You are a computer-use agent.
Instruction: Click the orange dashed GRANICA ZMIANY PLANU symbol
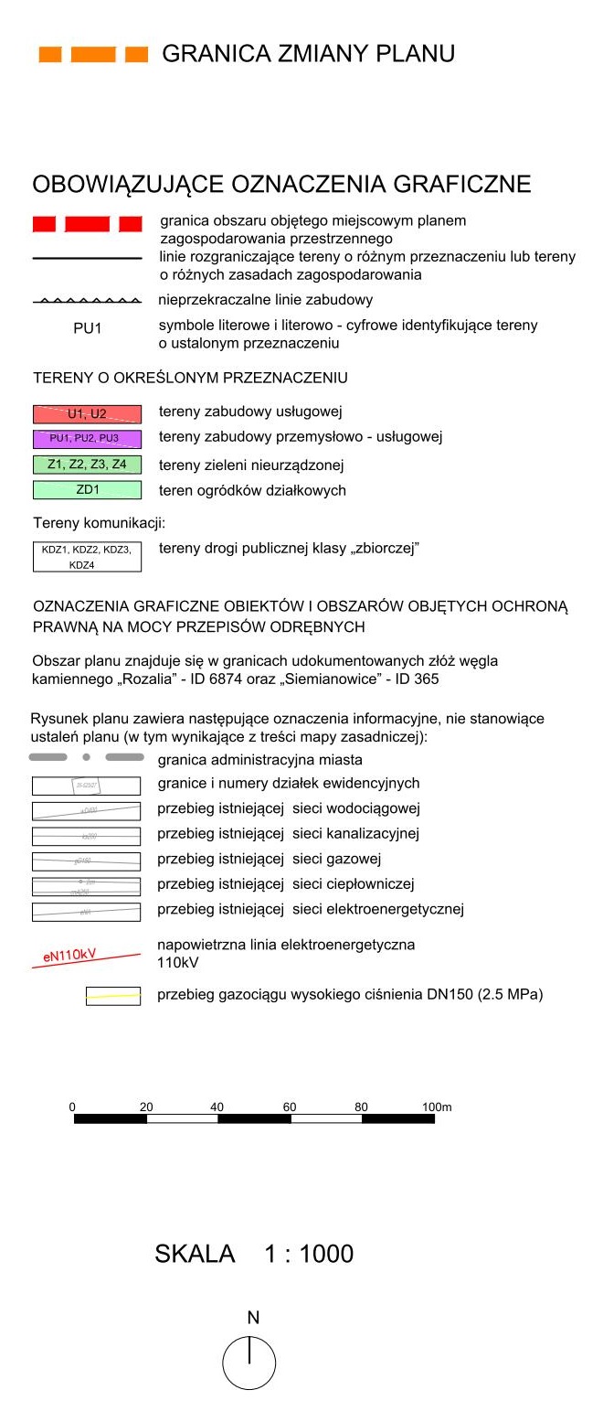point(92,55)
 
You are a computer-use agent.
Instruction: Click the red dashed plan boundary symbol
point(87,224)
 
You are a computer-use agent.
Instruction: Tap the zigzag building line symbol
point(87,300)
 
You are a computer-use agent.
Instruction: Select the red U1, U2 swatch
point(87,413)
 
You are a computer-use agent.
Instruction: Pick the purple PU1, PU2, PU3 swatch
point(87,438)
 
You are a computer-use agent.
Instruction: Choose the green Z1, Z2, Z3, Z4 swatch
point(87,465)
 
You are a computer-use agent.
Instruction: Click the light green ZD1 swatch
point(87,490)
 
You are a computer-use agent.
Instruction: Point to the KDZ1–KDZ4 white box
point(87,557)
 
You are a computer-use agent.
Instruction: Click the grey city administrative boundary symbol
point(87,757)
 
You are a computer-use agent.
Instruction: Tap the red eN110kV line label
point(70,957)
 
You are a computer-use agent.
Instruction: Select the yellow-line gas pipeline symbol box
point(112,996)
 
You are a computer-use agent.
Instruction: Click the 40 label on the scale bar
point(217,1107)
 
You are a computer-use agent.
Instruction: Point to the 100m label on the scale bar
point(437,1107)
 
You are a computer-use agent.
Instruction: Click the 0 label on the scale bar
point(72,1107)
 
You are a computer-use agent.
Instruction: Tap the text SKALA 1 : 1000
point(254,1254)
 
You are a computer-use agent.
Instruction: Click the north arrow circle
point(249,1363)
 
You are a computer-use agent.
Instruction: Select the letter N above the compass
point(253,1318)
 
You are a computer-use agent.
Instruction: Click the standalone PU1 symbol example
point(87,328)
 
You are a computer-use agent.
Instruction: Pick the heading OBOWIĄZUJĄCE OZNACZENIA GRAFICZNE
point(281,184)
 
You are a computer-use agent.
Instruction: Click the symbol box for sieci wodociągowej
point(87,810)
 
